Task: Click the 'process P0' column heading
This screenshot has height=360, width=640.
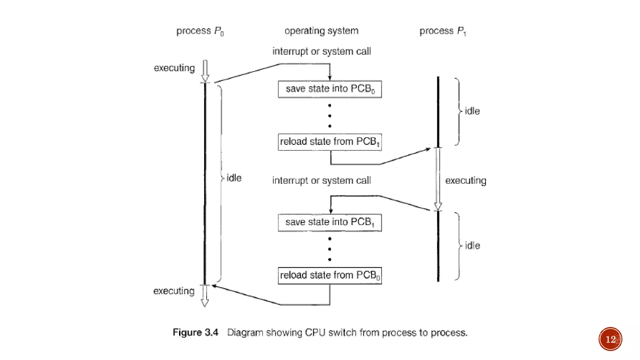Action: coord(200,31)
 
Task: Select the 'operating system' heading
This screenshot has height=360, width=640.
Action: coord(321,31)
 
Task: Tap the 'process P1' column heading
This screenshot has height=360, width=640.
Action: coord(442,31)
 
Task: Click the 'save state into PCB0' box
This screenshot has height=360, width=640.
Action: coord(330,89)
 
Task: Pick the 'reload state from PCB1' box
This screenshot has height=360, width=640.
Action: coord(330,142)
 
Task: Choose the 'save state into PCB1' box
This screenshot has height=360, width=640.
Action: coord(330,222)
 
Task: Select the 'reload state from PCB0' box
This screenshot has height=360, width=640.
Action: coord(330,275)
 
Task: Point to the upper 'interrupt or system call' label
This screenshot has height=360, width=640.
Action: coord(322,51)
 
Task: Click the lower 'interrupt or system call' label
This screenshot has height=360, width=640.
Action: coord(322,180)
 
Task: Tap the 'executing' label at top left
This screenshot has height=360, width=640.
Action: coord(174,68)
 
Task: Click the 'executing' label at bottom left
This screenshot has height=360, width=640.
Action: coord(174,291)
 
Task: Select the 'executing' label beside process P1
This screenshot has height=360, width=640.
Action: coord(466,181)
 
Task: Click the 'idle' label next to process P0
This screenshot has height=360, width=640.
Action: coord(234,178)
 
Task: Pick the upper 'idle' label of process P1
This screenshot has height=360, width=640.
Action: coord(472,111)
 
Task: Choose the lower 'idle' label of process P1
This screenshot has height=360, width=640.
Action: coord(472,246)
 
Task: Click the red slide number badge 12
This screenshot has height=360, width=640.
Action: coord(610,339)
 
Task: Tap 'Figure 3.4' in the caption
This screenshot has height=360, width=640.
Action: coord(195,332)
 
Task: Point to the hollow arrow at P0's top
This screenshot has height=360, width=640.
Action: coord(205,71)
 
